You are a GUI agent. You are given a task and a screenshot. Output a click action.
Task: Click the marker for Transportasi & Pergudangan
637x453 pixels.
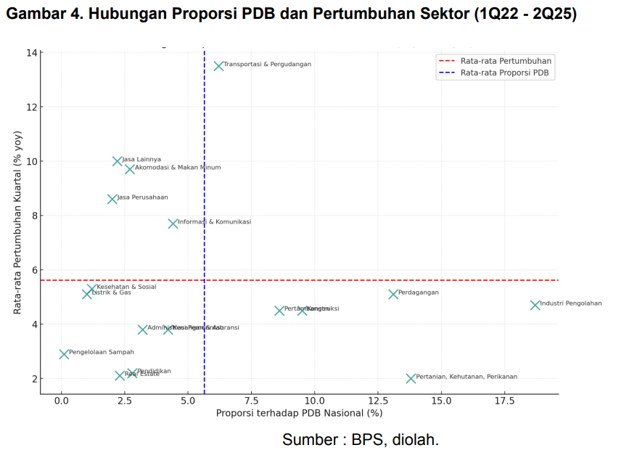click(x=218, y=66)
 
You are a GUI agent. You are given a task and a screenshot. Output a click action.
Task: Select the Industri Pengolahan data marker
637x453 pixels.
click(x=535, y=306)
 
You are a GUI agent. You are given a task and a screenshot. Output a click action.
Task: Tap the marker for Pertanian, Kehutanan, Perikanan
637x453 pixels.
click(x=411, y=378)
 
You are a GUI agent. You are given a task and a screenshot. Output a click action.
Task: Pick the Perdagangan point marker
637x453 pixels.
click(x=393, y=294)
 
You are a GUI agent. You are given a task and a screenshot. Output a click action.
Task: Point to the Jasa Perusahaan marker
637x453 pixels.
click(x=112, y=199)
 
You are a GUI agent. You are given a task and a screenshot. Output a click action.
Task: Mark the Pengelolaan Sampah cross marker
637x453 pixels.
click(x=64, y=354)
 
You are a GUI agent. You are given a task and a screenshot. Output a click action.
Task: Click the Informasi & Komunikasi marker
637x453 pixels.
click(x=173, y=224)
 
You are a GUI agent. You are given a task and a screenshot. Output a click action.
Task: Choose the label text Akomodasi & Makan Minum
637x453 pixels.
click(x=178, y=168)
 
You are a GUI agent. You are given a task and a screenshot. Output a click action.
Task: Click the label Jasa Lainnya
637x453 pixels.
click(x=141, y=159)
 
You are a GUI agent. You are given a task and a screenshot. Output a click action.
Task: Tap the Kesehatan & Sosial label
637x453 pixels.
click(x=126, y=287)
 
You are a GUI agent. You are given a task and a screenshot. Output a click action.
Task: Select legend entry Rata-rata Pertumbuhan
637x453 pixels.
click(x=506, y=61)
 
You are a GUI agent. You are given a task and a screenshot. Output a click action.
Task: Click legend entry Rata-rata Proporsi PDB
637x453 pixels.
click(x=504, y=73)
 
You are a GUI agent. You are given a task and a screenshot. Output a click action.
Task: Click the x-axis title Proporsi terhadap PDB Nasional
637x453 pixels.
click(x=299, y=413)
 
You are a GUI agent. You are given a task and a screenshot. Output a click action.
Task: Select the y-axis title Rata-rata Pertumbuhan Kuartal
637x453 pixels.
click(x=17, y=222)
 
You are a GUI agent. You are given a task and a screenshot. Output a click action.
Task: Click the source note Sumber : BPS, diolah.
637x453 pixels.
click(x=361, y=439)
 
